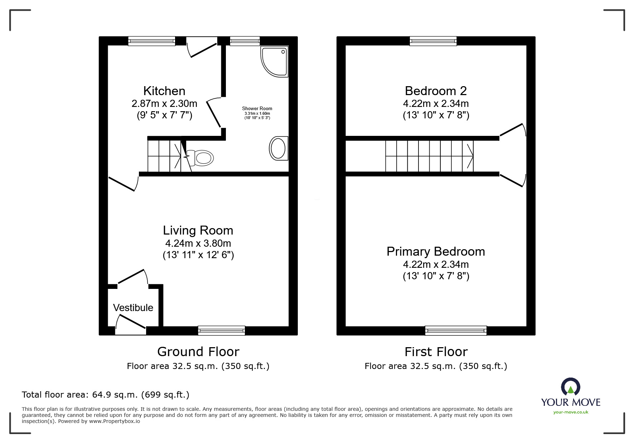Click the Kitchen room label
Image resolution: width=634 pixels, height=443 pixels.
coord(164,91)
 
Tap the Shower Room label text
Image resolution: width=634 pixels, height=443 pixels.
coord(257,108)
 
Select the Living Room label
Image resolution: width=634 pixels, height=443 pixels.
coord(198,230)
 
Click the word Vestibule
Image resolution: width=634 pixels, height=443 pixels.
coord(133,307)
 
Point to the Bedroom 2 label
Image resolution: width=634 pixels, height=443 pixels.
coord(436,91)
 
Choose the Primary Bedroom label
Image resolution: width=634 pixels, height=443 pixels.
coord(436,252)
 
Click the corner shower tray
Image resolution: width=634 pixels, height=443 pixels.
coord(275,61)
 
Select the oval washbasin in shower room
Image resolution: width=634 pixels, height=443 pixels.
coord(279,148)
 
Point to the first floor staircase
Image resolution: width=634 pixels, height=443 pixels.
coord(429,156)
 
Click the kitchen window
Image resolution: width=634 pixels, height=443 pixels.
coord(152,41)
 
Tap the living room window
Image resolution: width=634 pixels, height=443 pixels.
coord(222,331)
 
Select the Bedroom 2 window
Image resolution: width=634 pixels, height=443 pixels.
coord(433,41)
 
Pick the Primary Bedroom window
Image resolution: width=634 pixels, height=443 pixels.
coord(456,331)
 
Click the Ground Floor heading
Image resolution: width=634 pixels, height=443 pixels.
coord(198,352)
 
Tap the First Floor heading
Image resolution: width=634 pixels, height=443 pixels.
coord(436,352)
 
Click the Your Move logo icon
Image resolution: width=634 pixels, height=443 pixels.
coord(571,387)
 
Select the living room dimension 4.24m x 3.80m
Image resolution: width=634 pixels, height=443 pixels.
coord(198,243)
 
